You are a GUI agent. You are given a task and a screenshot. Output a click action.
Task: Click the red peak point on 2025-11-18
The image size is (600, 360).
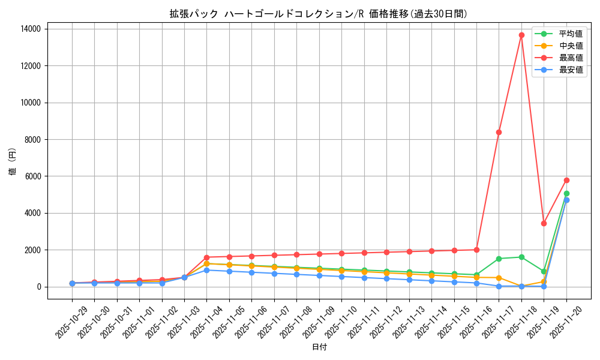(x=521, y=35)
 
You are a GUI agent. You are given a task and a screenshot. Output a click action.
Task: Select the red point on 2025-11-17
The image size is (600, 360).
(x=499, y=132)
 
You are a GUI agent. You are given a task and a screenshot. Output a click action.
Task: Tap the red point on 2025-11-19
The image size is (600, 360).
(x=544, y=223)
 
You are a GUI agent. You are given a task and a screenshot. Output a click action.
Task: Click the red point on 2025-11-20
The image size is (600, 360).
(x=566, y=180)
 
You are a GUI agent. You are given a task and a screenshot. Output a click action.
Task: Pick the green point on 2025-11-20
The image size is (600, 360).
(x=566, y=193)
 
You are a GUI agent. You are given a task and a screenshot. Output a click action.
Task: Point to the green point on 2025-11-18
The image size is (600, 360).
(x=521, y=257)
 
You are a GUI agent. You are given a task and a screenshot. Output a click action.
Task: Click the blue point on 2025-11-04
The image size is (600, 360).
(x=206, y=270)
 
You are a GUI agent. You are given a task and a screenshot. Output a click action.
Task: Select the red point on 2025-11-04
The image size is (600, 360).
(x=206, y=257)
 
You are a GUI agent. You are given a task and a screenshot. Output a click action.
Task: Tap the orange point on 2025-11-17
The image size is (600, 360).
(x=499, y=278)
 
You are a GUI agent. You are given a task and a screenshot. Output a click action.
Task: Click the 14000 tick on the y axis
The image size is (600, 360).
(x=31, y=29)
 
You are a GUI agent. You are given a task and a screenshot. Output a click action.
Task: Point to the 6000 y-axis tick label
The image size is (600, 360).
(x=32, y=176)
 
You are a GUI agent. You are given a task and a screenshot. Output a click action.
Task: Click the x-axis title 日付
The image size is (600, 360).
(x=319, y=347)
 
